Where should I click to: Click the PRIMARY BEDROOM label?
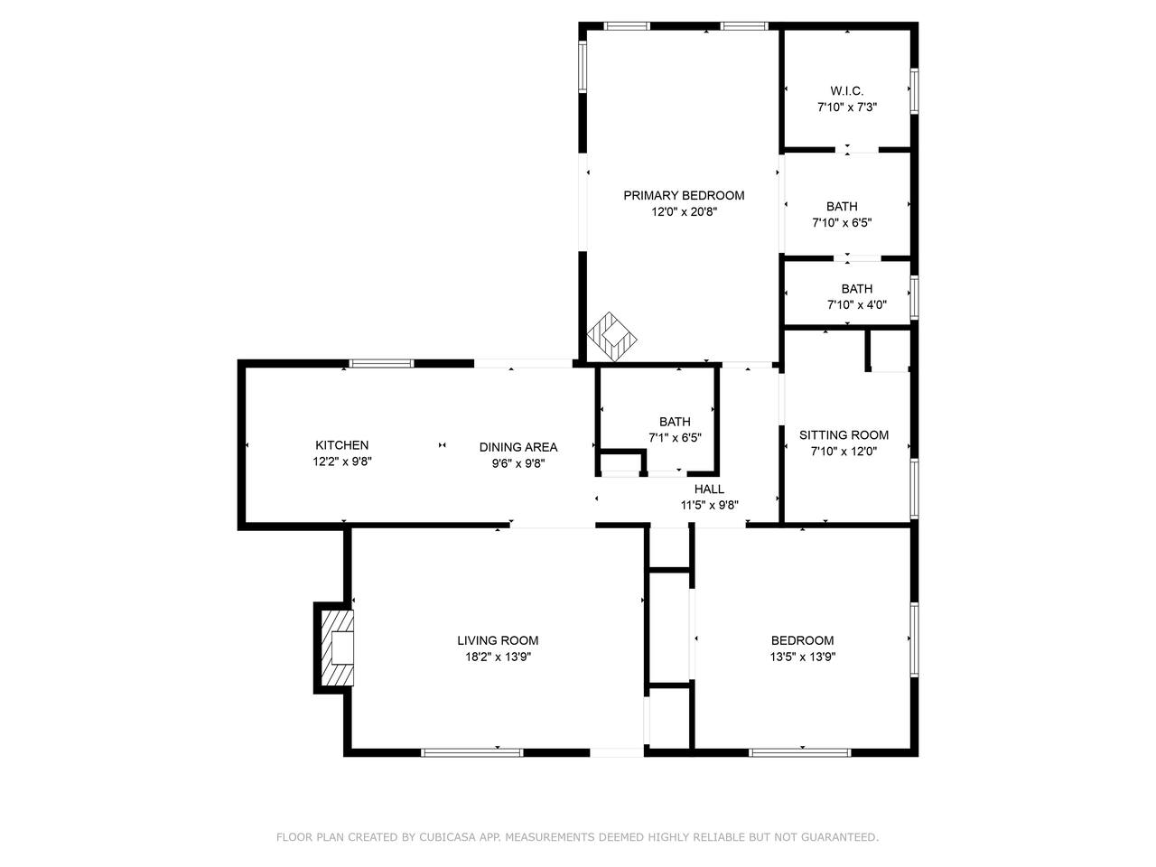[684, 196]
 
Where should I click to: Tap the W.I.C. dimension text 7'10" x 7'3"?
[847, 107]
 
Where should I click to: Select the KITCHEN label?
[341, 445]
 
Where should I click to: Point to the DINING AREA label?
[518, 447]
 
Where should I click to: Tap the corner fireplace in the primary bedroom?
[612, 336]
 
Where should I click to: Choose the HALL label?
[709, 489]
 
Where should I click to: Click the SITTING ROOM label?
[844, 435]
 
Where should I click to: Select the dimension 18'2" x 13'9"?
[498, 657]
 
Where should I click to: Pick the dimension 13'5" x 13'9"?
[802, 657]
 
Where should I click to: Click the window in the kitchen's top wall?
[381, 363]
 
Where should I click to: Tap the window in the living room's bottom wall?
[471, 753]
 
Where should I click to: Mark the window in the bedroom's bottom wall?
[800, 753]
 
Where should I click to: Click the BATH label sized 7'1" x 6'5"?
[675, 422]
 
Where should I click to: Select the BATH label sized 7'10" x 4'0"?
[857, 289]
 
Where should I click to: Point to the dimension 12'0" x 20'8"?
[685, 212]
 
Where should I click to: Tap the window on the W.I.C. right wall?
[915, 91]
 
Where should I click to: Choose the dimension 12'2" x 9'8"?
[342, 461]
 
